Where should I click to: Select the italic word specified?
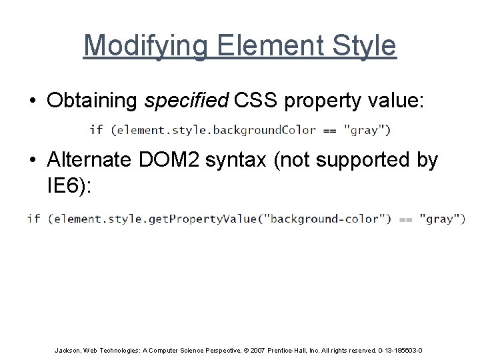click(186, 100)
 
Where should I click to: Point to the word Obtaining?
click(93, 100)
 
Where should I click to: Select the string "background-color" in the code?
click(323, 219)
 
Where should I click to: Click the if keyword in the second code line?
click(33, 219)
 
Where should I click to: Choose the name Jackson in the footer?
click(69, 350)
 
